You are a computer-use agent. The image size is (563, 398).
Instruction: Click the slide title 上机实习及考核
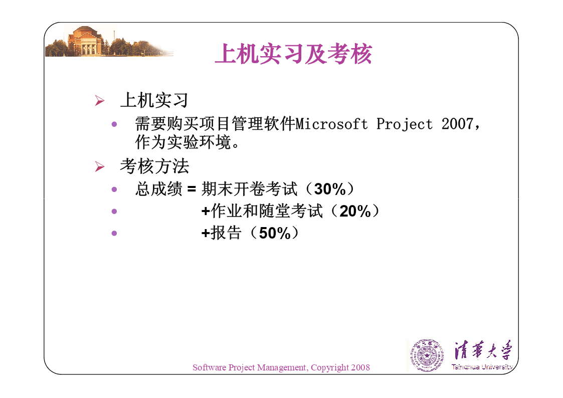coord(293,54)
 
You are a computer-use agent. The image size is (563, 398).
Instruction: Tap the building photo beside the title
coord(109,41)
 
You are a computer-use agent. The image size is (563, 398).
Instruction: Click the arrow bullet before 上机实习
coord(100,100)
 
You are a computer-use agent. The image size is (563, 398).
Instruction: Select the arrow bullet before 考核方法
coord(100,166)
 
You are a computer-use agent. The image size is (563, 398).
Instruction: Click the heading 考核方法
coord(154,166)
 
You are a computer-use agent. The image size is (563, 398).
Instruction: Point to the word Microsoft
coord(331,124)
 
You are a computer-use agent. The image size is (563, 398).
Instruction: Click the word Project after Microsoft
coord(404,124)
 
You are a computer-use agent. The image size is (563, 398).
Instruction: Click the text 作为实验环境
coord(183,142)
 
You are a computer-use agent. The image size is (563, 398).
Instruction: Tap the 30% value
coord(329,189)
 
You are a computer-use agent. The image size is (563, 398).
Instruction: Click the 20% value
coord(355,211)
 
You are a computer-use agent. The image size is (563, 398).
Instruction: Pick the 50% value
coord(275,233)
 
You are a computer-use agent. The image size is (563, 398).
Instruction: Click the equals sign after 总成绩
coord(192,189)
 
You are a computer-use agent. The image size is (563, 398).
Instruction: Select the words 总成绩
coord(159,189)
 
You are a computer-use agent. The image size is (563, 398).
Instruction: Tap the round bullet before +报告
coord(114,233)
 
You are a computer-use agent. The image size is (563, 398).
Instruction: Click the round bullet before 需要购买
coord(114,124)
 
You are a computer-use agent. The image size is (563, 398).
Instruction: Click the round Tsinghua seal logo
coord(427,355)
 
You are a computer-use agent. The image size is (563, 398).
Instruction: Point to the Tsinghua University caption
coord(482,367)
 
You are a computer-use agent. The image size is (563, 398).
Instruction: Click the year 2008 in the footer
coord(360,367)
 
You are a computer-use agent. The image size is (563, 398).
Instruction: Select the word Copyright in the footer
coord(330,368)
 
